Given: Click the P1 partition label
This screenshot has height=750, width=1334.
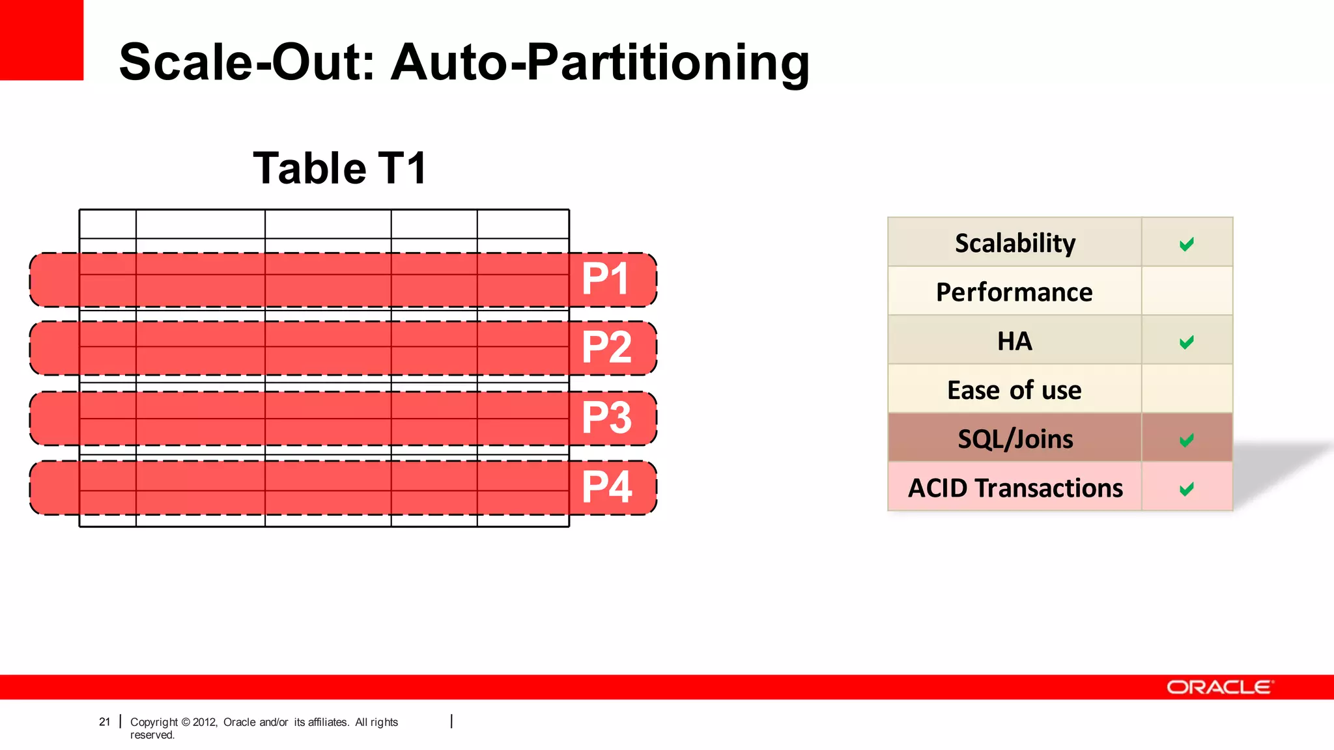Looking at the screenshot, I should (x=605, y=279).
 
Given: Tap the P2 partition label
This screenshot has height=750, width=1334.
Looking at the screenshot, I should (x=606, y=348).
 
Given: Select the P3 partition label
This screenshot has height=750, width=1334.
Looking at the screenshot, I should (x=606, y=417).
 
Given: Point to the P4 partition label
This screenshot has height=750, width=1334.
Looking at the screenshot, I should (x=606, y=487).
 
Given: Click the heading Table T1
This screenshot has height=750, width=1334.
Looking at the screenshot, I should (x=339, y=169).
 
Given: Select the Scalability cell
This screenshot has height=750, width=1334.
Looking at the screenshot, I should (x=1014, y=243).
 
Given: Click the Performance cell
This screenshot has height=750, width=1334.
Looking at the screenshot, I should (x=1014, y=292).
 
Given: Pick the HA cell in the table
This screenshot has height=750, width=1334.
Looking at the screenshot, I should (x=1014, y=340).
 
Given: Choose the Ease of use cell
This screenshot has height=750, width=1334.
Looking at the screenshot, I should (x=1014, y=390).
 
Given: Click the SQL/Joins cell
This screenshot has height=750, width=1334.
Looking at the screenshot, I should (x=1014, y=439).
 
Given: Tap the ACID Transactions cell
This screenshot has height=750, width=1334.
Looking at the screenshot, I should (x=1014, y=488).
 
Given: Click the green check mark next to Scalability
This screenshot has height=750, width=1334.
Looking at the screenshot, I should (x=1186, y=244).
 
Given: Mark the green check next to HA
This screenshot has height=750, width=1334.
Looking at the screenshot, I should (x=1186, y=342).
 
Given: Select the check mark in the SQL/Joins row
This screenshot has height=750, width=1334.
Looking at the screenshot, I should (x=1186, y=440).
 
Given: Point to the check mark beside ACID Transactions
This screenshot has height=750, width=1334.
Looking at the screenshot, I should (x=1186, y=488).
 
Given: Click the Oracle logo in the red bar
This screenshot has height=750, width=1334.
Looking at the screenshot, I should (x=1219, y=687).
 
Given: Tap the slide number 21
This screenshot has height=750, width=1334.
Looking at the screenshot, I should (x=104, y=721).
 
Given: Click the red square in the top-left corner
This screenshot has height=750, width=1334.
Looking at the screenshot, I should (x=41, y=39).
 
